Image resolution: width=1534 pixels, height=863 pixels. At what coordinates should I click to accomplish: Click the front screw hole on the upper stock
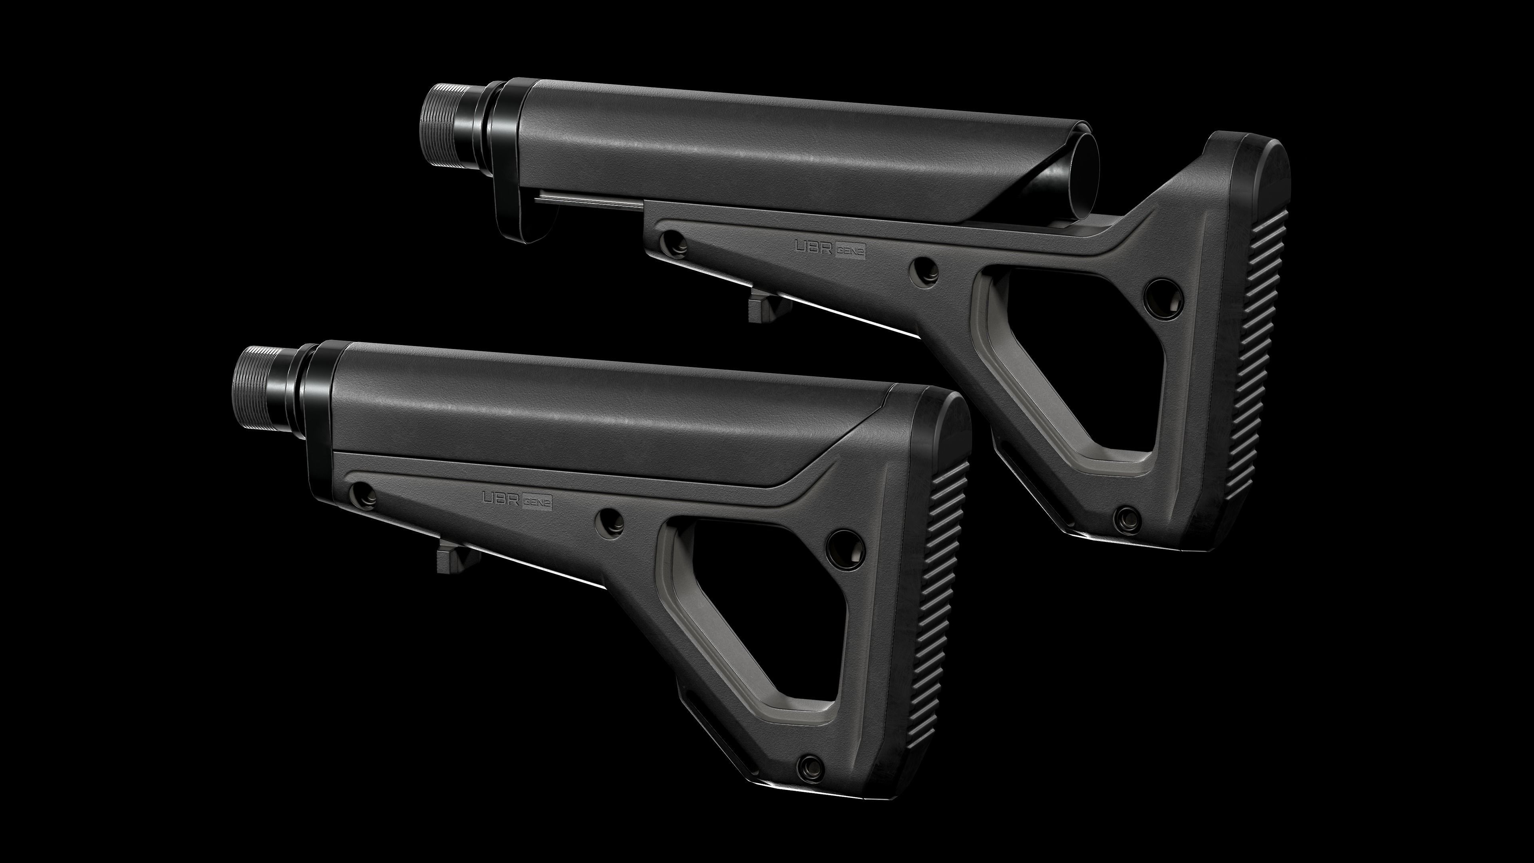(673, 242)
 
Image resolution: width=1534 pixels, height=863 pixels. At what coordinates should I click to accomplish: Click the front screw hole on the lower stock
(363, 494)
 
